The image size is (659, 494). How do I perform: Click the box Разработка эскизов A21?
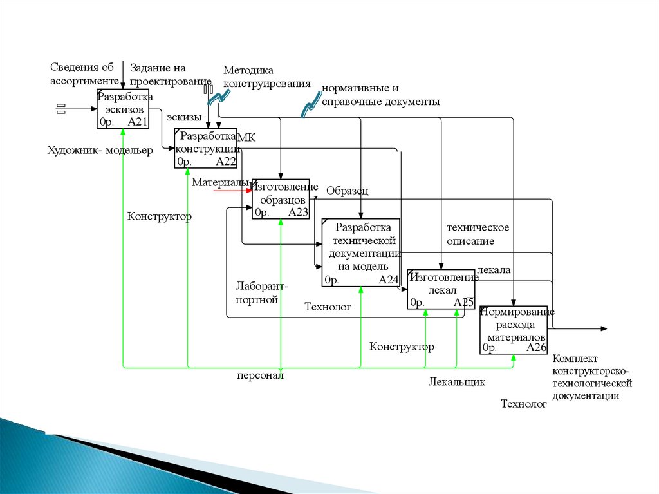coord(124,109)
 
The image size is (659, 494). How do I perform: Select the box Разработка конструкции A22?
coord(206,148)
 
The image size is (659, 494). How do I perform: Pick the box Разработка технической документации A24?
coord(361,252)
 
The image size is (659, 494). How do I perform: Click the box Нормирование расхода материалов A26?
coord(514,330)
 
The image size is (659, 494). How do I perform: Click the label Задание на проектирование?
coord(171,74)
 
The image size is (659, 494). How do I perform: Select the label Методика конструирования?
coord(266,77)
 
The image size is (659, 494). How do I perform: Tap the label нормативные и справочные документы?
coord(380,95)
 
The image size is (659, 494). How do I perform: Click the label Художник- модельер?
coord(100,151)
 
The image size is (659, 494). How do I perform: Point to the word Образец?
coord(347,191)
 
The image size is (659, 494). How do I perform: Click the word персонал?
coord(260,375)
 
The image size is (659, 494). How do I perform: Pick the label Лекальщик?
coord(456,382)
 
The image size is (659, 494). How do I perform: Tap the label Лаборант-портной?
coord(257,292)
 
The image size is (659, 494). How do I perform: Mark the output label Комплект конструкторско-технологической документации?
coord(592,377)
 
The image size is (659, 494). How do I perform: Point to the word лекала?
coord(494,270)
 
